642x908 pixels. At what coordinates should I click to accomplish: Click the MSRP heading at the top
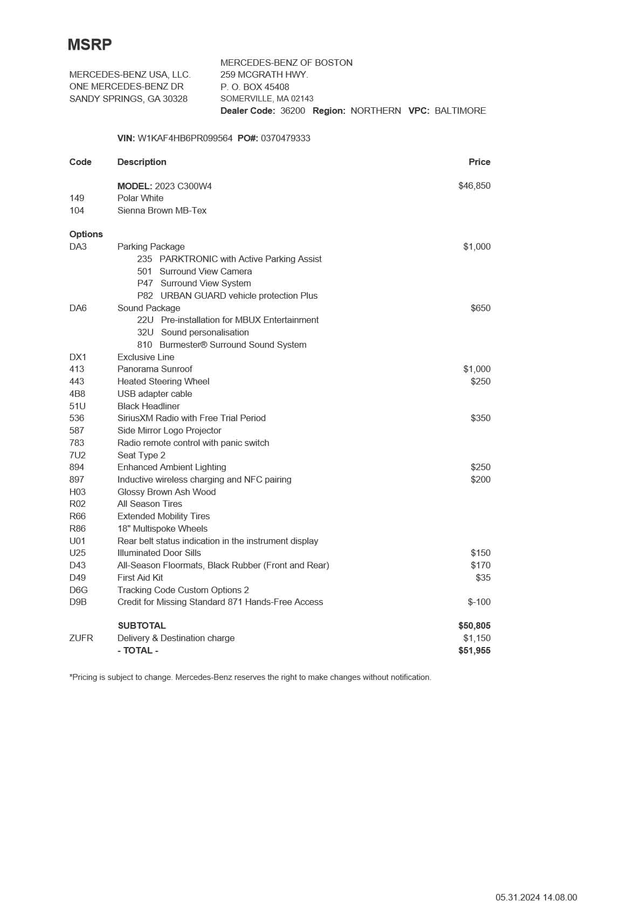(x=89, y=45)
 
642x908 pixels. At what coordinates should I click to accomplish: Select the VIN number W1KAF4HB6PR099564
(x=185, y=138)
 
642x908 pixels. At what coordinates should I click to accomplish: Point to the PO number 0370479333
(x=286, y=138)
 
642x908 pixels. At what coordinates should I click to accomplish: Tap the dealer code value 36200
(x=293, y=111)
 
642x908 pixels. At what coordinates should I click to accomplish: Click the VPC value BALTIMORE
(x=460, y=111)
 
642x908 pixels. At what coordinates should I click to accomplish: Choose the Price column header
(x=479, y=162)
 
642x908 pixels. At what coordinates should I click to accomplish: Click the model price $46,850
(x=474, y=185)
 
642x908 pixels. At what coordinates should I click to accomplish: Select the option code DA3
(x=78, y=246)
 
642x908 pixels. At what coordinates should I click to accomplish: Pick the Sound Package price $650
(x=480, y=308)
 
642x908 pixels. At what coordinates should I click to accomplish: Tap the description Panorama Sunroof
(x=155, y=369)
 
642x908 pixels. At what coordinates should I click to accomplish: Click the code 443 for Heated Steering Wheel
(x=77, y=381)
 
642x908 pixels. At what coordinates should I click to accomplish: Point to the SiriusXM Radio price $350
(x=480, y=418)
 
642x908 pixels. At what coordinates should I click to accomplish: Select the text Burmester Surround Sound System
(x=233, y=345)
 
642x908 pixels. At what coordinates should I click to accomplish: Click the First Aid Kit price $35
(x=483, y=577)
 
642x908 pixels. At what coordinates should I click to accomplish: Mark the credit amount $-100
(x=479, y=602)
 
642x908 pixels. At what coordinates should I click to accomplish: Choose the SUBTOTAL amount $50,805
(x=474, y=625)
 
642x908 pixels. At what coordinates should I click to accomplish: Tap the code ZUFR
(x=81, y=638)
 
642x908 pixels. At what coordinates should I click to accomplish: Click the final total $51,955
(x=474, y=650)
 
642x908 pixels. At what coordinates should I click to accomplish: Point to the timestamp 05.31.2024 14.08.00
(x=536, y=897)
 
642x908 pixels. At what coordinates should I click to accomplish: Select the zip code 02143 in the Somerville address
(x=302, y=99)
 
